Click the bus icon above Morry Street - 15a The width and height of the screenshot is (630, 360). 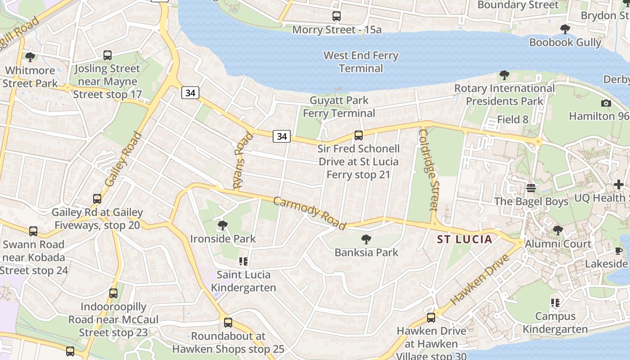coord(337,16)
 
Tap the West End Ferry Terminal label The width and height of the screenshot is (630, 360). coord(361,62)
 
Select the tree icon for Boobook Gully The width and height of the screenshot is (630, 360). coord(565,30)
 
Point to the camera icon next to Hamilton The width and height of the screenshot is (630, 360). coord(606,103)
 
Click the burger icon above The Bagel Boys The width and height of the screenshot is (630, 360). coord(531,188)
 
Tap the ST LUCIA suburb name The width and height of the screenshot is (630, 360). coord(465,239)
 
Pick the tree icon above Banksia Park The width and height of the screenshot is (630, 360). coord(366,239)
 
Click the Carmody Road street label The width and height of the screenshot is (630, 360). coord(310,213)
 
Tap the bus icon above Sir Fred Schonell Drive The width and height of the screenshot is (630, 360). coord(359,135)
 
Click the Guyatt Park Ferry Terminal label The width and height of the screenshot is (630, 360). coord(339,107)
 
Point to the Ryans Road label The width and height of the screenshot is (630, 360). coord(243,160)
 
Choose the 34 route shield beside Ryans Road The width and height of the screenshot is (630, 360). coord(282,135)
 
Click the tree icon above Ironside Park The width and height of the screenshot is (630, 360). coord(222,225)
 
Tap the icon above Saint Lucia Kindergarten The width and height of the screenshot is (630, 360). coord(243,261)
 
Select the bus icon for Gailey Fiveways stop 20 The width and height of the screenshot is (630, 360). coord(97,198)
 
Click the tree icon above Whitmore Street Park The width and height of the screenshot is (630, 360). coord(30,57)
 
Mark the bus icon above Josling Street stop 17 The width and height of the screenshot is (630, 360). coord(108,55)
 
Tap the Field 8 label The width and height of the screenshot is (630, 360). coord(513,120)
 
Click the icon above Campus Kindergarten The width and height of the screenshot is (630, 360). coord(555,303)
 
